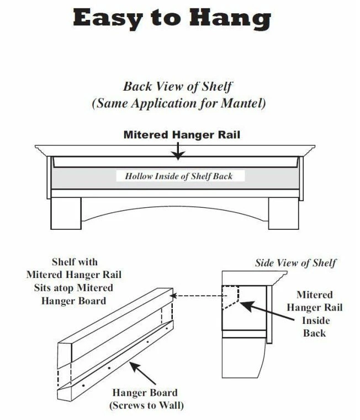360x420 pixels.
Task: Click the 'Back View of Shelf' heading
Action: (x=177, y=87)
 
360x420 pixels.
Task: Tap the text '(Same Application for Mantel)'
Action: (x=177, y=103)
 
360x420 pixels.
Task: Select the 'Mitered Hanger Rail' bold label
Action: (x=182, y=134)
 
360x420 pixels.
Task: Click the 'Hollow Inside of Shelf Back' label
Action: (x=178, y=176)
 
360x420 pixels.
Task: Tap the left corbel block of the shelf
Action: (x=66, y=213)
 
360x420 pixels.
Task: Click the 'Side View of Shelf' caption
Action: (x=295, y=263)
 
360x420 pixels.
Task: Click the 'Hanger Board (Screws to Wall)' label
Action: (x=145, y=399)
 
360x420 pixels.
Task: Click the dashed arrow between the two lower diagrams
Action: (x=196, y=296)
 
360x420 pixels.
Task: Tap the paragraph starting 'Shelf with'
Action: (x=74, y=281)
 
